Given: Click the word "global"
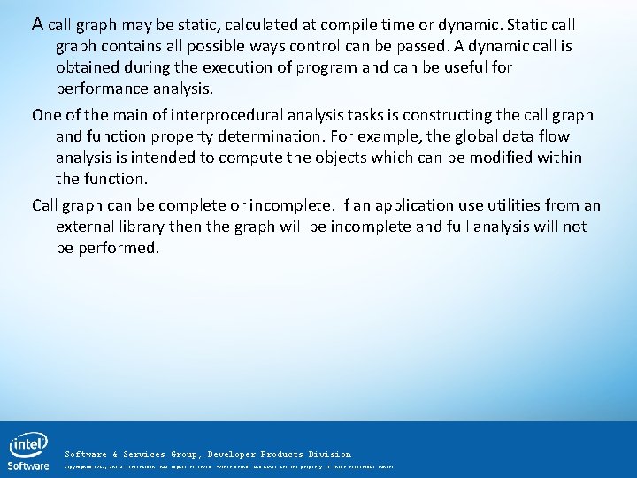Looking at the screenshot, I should [463, 136].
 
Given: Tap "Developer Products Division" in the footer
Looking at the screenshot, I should [280, 454].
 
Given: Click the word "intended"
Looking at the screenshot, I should [157, 158].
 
